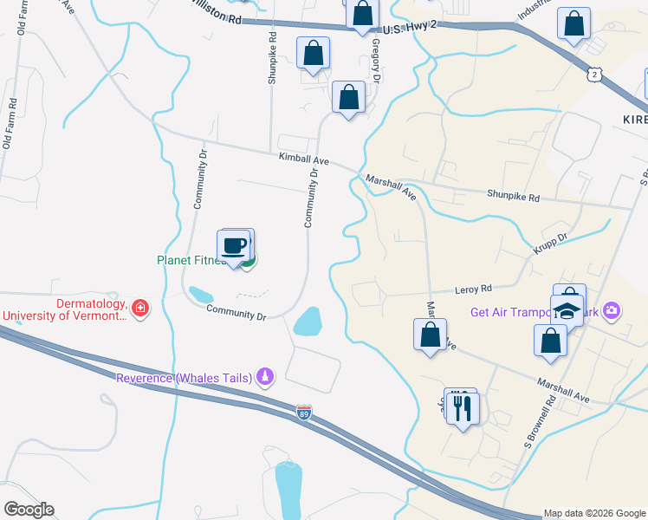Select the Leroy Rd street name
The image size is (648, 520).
point(474,289)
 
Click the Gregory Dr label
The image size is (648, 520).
point(376,60)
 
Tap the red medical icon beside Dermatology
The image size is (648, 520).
point(140,308)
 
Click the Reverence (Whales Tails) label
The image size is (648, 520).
point(185,377)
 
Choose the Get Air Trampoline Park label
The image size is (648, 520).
point(535,312)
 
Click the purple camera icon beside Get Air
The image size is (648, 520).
point(612,309)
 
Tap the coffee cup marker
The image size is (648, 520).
point(234,245)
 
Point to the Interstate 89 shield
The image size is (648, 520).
point(304,412)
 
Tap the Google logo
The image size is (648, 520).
point(29,510)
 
